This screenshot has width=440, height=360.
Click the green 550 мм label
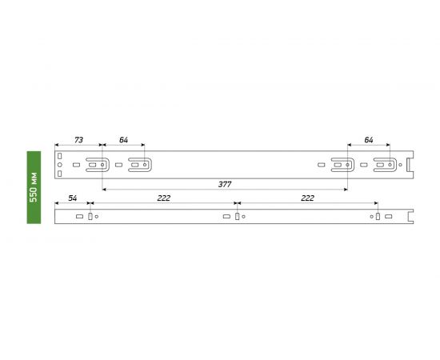coord(34,187)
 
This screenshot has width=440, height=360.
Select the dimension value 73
coord(78,140)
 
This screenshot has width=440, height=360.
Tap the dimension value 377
coord(225,184)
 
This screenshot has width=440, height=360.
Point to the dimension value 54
coord(72,198)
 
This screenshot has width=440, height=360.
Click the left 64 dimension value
coord(123,140)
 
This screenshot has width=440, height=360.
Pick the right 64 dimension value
coord(369,140)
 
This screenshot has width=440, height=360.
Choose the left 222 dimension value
coord(163,198)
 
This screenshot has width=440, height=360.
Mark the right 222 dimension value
coord(307,198)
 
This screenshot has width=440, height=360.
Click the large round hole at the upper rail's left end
coord(59,165)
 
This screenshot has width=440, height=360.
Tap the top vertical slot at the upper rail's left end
coord(59,156)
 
